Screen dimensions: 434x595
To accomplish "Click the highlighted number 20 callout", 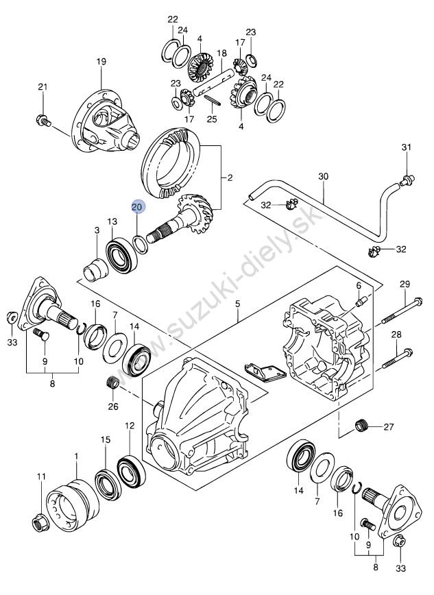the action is point(137,207).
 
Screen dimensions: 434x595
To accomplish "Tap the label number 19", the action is point(101,62).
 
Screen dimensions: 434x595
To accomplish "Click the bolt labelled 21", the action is point(44,121).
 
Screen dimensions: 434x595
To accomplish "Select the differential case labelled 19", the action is point(106,121).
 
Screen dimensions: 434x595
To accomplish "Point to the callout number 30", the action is point(324,176).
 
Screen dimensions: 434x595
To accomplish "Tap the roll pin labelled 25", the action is point(212,101).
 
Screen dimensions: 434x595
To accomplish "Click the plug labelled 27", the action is point(362,426).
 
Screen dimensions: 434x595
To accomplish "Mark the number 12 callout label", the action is point(130,426).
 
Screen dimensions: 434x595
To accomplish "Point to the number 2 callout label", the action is point(230,178).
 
